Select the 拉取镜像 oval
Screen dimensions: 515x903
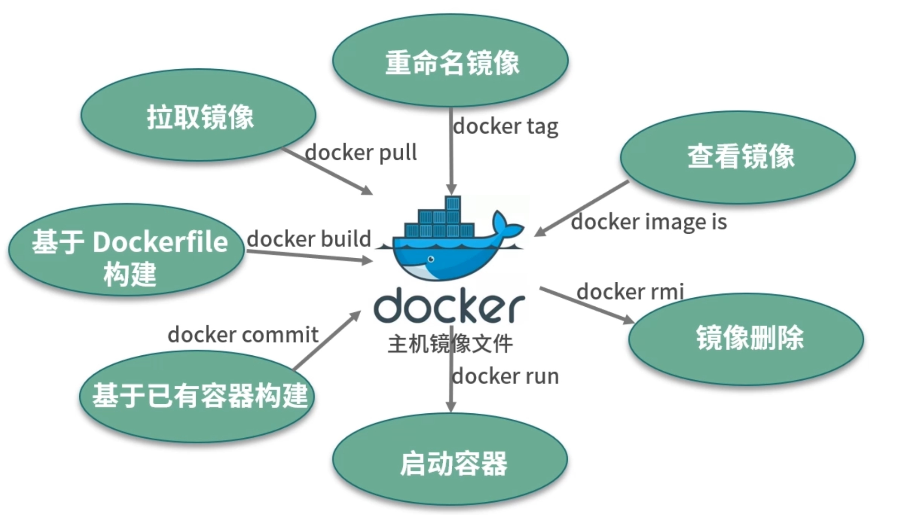[199, 116]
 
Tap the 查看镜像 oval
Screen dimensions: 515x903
[738, 157]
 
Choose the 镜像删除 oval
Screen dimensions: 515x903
[746, 339]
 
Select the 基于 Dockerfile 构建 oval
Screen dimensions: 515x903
[126, 250]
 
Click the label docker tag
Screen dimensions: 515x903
[505, 126]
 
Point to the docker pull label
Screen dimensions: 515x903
[361, 153]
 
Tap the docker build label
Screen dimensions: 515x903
[309, 239]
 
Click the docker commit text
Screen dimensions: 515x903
[243, 335]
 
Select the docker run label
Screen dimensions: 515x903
[505, 376]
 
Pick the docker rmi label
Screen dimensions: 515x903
[630, 292]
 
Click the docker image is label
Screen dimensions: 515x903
[649, 222]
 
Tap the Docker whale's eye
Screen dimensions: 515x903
[431, 259]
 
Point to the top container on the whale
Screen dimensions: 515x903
[452, 203]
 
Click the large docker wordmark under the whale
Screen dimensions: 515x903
[449, 306]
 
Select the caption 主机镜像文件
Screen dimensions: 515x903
[450, 344]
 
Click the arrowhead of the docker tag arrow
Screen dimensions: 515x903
[451, 189]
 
